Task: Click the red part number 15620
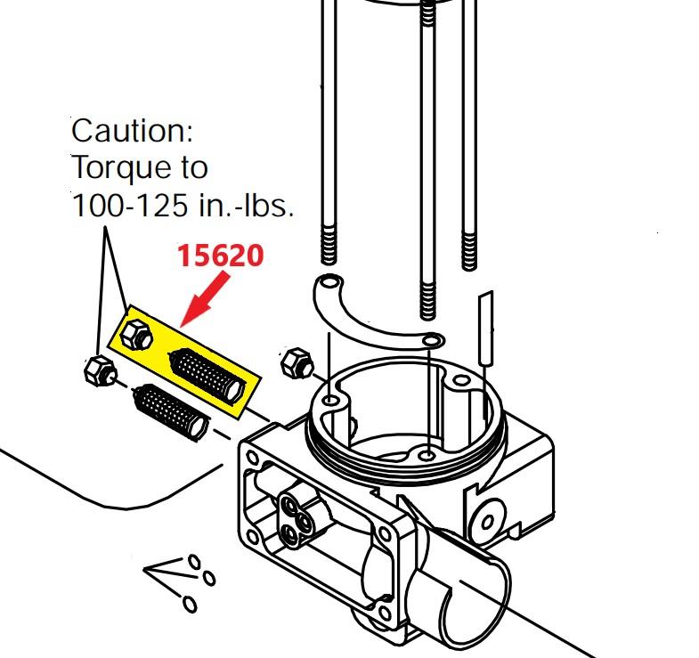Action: point(220,256)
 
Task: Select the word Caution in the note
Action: point(132,132)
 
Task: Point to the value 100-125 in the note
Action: point(126,206)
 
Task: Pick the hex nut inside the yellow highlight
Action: point(135,336)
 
